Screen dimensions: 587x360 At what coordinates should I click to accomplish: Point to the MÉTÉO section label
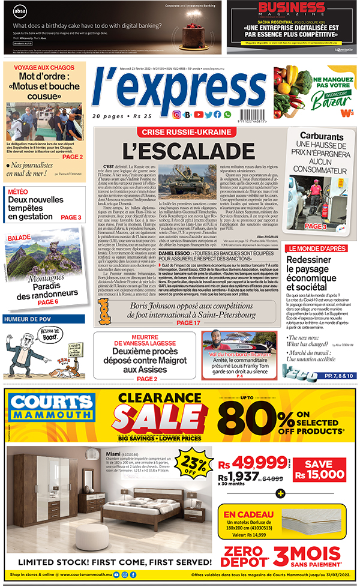click(17, 191)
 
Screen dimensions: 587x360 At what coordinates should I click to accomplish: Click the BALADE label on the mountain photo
click(19, 238)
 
